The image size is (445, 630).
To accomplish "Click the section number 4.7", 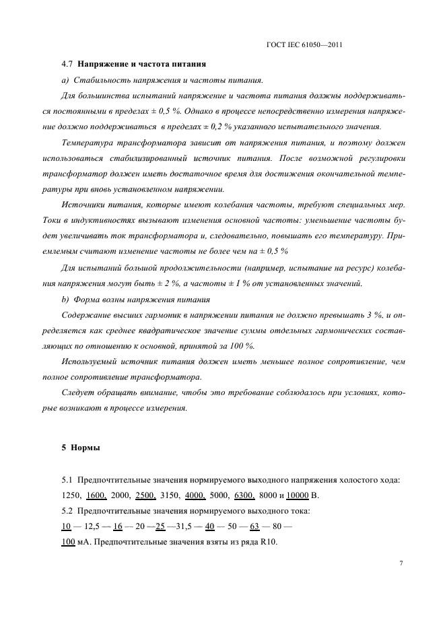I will [x=67, y=65].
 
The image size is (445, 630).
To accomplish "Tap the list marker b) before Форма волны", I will [x=65, y=298].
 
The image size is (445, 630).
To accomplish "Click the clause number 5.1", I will [x=67, y=480].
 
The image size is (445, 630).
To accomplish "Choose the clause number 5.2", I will [x=67, y=512].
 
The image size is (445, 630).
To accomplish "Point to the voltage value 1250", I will [x=70, y=496].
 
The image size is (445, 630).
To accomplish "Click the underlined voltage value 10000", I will [x=297, y=496].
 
